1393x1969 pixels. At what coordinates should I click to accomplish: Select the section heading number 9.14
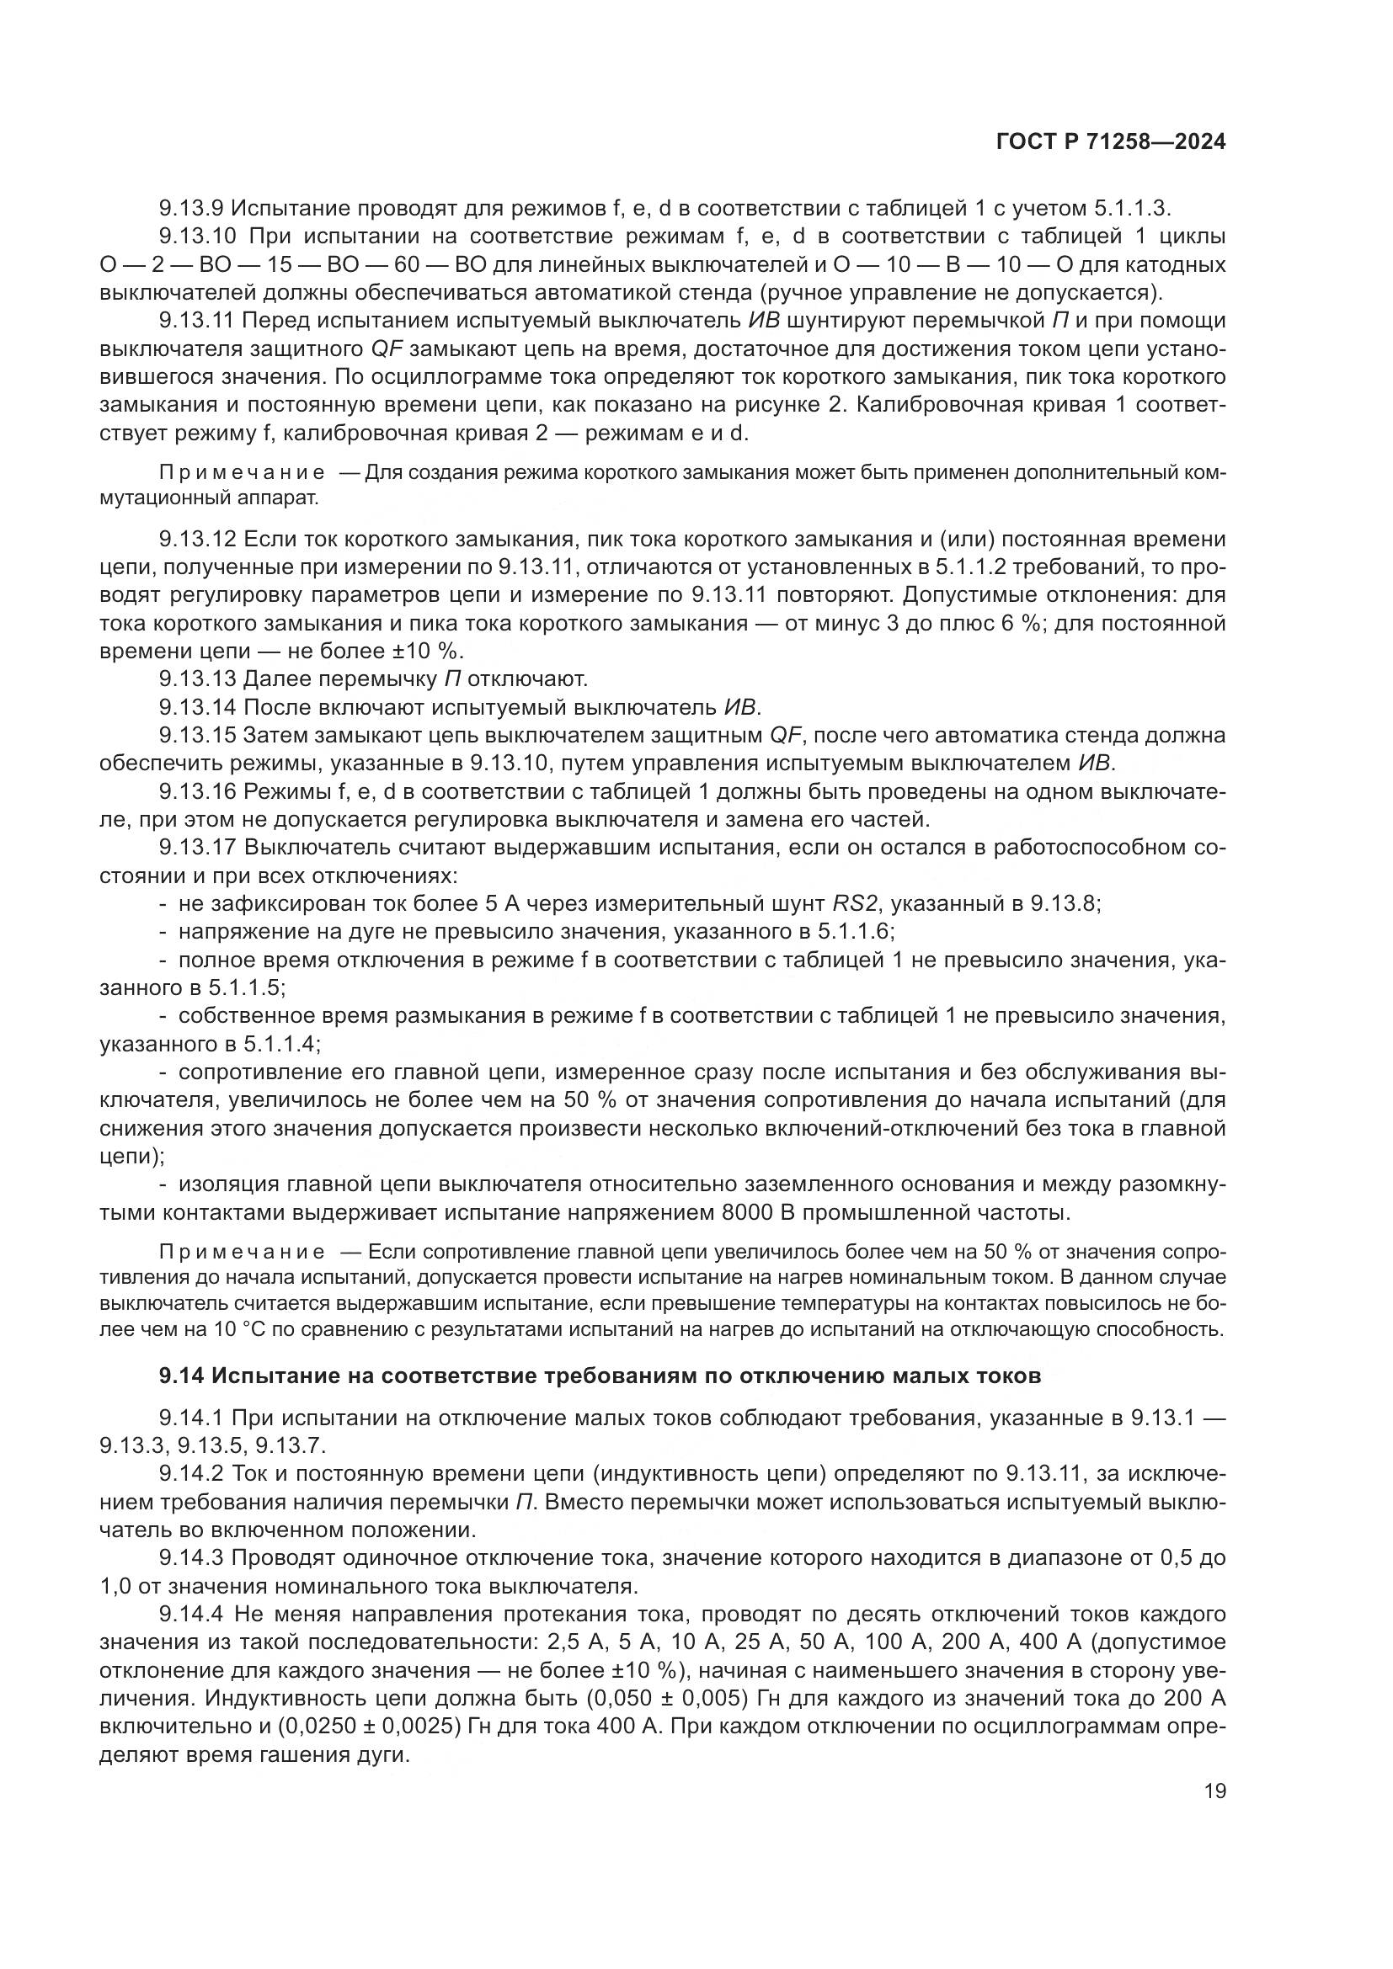pos(181,1376)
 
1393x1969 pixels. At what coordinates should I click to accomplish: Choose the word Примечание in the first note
pos(243,472)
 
